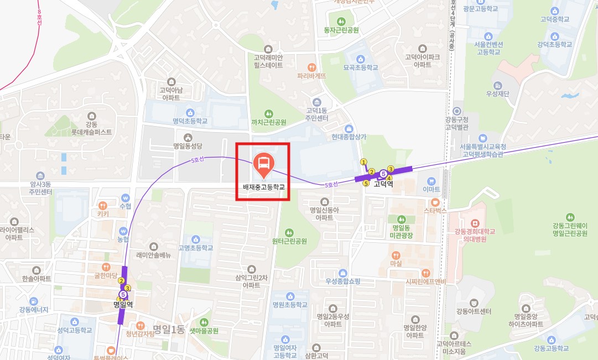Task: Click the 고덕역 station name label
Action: tap(383, 184)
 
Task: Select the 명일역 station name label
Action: tap(123, 304)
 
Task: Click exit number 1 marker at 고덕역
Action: tap(363, 162)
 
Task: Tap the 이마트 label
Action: tap(431, 189)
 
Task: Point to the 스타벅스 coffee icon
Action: tap(435, 202)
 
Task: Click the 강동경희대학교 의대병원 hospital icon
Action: tap(475, 223)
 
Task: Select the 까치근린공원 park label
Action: tap(269, 122)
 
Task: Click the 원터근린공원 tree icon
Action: tap(289, 233)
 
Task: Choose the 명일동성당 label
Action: tap(188, 147)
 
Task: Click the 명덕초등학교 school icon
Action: tap(190, 112)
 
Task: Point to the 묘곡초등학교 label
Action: tap(361, 67)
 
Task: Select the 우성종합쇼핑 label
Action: tap(342, 281)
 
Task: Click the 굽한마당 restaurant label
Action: tap(106, 275)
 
